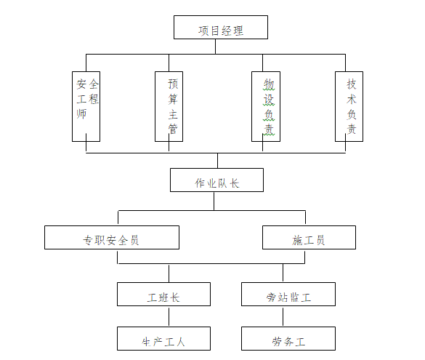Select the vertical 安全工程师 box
click(x=86, y=105)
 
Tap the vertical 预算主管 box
click(x=169, y=105)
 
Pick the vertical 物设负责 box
click(x=266, y=105)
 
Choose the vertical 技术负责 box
click(x=349, y=105)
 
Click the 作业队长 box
click(x=216, y=180)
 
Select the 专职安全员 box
click(x=111, y=238)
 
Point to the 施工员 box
click(x=309, y=238)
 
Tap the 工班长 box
click(x=163, y=295)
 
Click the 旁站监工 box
click(x=288, y=295)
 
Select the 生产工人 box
click(x=163, y=339)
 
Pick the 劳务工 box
click(x=288, y=339)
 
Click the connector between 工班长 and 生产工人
click(x=169, y=316)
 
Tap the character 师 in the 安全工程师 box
click(x=81, y=114)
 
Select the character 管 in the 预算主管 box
click(x=172, y=129)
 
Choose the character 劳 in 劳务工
click(x=277, y=340)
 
